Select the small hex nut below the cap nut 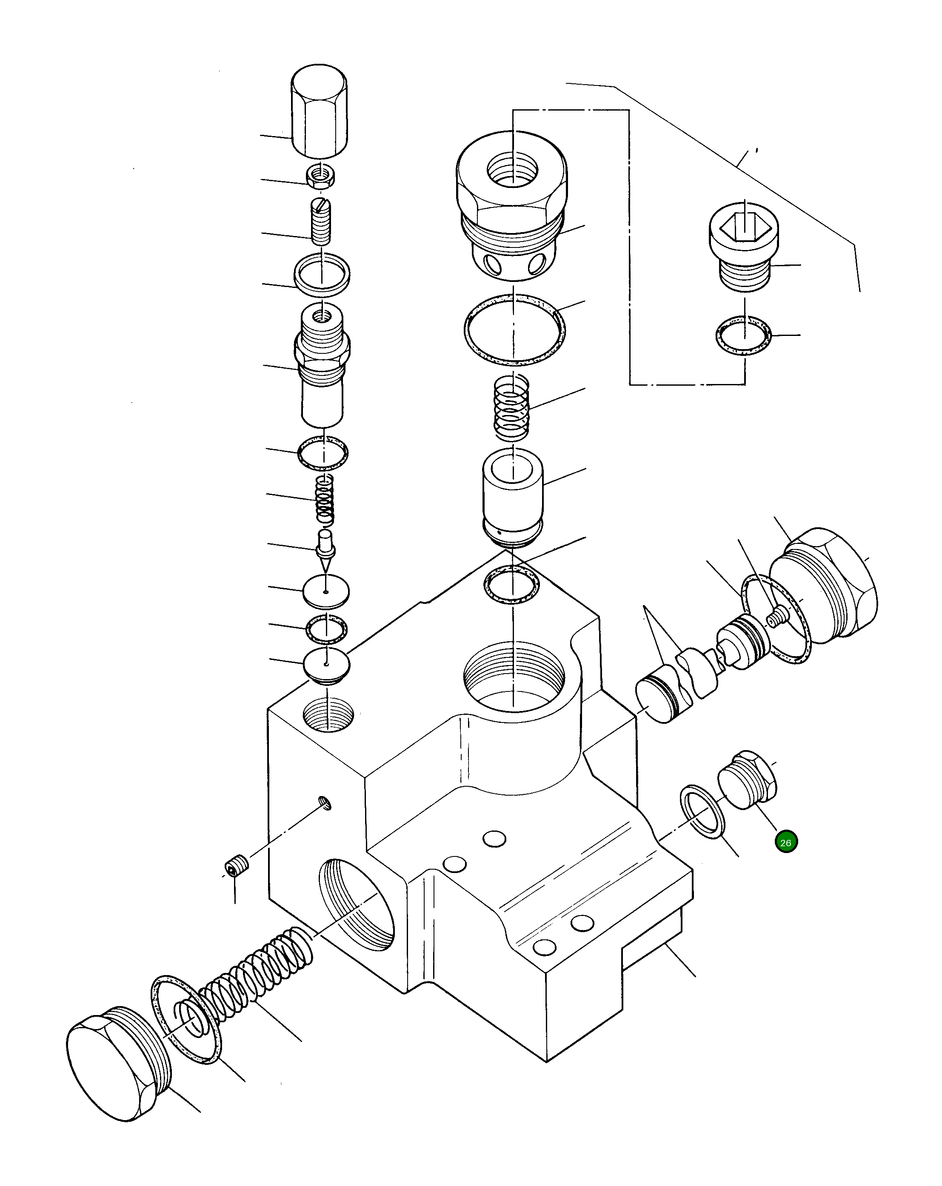(x=321, y=176)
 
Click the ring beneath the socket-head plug (x=743, y=335)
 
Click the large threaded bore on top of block (x=514, y=677)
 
